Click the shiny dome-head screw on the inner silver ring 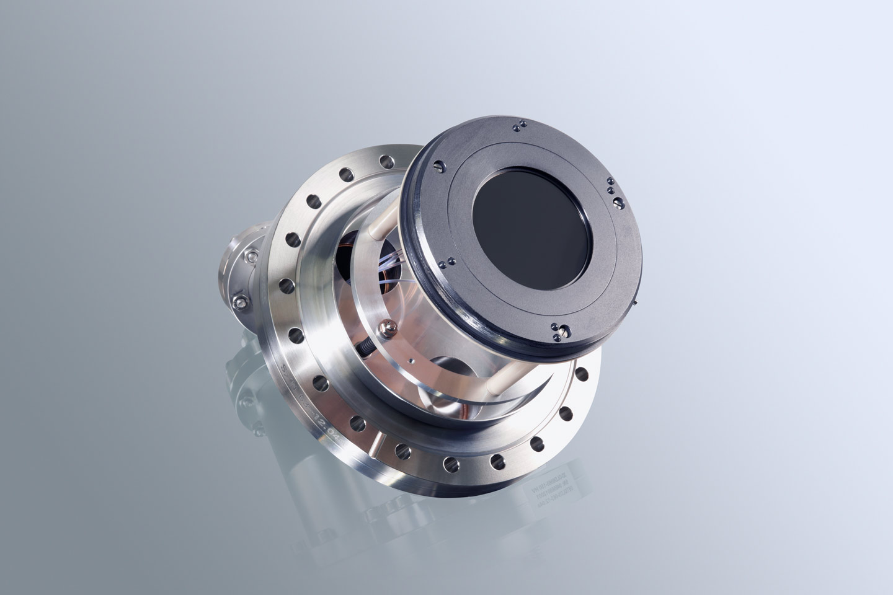[389, 327]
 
